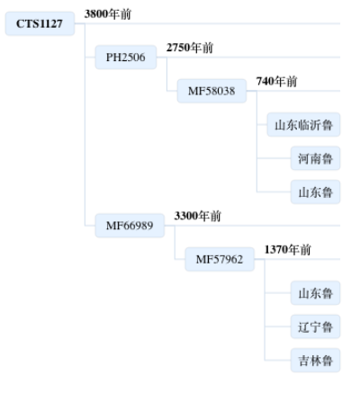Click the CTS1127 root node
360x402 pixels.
[40, 23]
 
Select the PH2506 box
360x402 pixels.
[126, 58]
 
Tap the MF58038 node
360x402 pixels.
[211, 91]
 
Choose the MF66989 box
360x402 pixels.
[130, 226]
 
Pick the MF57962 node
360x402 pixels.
[220, 259]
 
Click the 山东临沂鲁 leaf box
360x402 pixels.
[303, 125]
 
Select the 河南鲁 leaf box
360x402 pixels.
[315, 158]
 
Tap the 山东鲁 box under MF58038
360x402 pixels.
[315, 192]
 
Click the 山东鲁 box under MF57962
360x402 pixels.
[315, 293]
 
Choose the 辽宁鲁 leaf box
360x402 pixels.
[315, 326]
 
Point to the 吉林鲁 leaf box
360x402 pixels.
[315, 361]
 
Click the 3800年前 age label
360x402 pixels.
[108, 13]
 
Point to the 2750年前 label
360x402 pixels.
[190, 48]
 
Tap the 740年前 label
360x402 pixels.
[276, 81]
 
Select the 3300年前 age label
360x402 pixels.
[197, 216]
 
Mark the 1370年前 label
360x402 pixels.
[287, 249]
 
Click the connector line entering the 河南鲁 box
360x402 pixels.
[274, 158]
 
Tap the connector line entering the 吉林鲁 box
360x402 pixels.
[278, 360]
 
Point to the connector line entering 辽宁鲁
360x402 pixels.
[278, 326]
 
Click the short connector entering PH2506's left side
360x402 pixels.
[90, 58]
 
